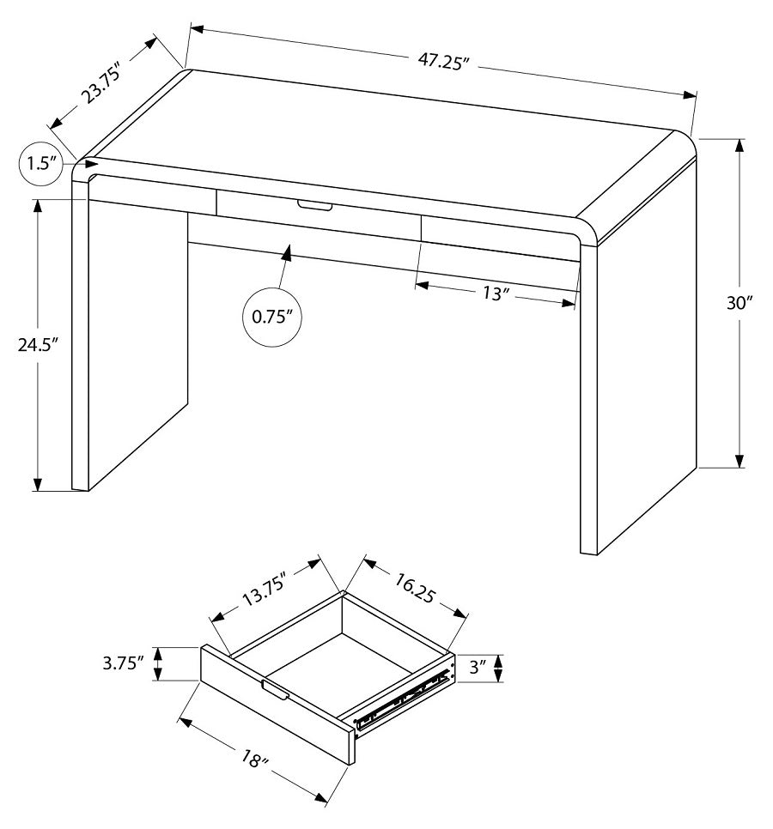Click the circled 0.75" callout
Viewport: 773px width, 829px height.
click(272, 316)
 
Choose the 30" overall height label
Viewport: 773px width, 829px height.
click(740, 302)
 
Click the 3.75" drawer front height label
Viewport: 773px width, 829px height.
click(121, 663)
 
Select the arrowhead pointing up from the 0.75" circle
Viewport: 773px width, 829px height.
click(287, 252)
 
